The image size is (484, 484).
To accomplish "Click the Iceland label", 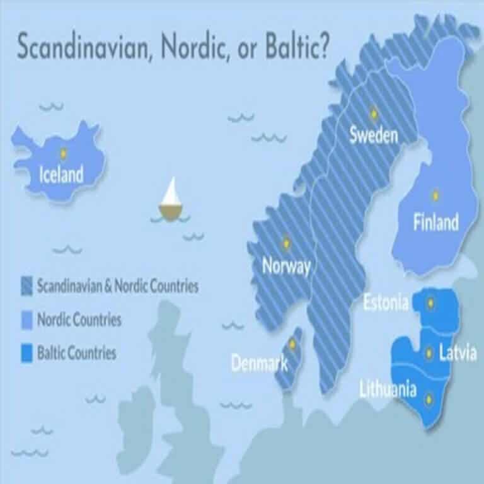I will [x=61, y=173].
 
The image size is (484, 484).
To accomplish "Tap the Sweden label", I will [x=374, y=135].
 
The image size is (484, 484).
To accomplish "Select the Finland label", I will [x=435, y=222].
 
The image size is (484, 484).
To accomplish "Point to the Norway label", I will [x=286, y=266].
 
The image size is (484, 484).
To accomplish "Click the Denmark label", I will [x=259, y=363].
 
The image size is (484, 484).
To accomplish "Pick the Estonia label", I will [x=386, y=303].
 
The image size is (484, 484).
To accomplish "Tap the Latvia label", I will [x=458, y=354].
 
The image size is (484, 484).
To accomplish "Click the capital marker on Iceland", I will [x=63, y=153].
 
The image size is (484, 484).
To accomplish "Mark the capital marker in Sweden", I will [x=373, y=113].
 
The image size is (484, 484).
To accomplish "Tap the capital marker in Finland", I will [x=434, y=195].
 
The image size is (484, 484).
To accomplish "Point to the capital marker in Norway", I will [x=285, y=243].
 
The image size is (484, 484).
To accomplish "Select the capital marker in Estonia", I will [x=431, y=303].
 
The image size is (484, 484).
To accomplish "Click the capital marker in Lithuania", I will [x=430, y=398].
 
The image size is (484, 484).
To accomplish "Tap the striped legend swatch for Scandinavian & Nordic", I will [x=26, y=286].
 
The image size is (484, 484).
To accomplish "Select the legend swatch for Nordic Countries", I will [x=26, y=320].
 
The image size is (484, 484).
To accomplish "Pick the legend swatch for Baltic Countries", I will [x=26, y=352].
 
